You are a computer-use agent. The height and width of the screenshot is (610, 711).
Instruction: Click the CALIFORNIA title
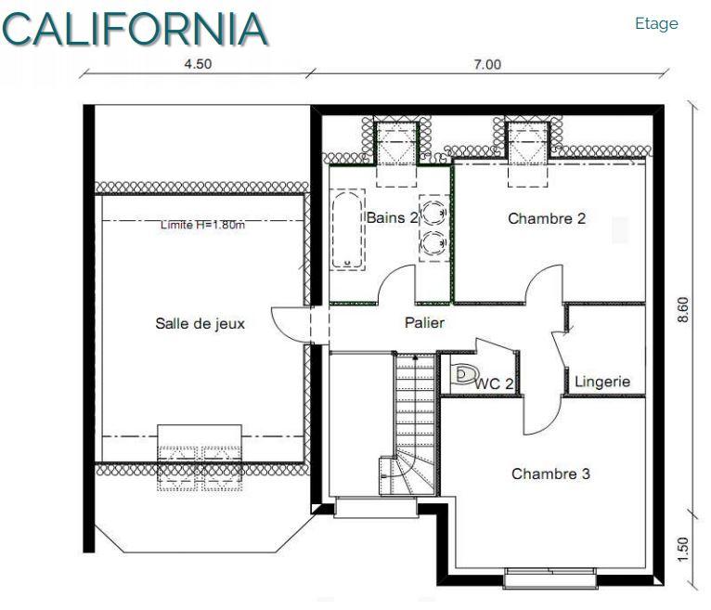coord(135,28)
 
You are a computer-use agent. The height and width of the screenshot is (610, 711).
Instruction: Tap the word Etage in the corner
coord(656,24)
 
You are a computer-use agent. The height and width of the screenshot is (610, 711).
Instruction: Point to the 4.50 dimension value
coord(197,64)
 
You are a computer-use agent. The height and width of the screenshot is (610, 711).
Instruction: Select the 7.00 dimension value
coord(486,64)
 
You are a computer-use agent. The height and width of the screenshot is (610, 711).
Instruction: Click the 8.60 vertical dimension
coord(684,309)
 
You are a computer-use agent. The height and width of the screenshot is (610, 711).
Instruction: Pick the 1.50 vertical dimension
coord(684,549)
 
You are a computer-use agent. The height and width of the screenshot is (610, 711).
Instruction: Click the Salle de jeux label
coord(200,324)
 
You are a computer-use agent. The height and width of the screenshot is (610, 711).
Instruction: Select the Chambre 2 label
coord(547,219)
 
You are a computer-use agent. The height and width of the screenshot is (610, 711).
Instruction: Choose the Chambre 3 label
coord(550,474)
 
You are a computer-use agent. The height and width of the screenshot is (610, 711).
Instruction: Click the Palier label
coord(424,323)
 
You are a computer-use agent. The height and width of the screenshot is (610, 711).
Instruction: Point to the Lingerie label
coord(602,381)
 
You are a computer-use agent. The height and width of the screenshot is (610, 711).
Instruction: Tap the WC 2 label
coord(495,382)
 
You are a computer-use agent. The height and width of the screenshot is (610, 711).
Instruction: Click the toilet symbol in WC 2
coord(461,375)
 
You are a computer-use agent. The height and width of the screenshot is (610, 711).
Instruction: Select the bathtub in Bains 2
coord(349,231)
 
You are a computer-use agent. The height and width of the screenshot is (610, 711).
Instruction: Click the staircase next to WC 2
coord(415,418)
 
